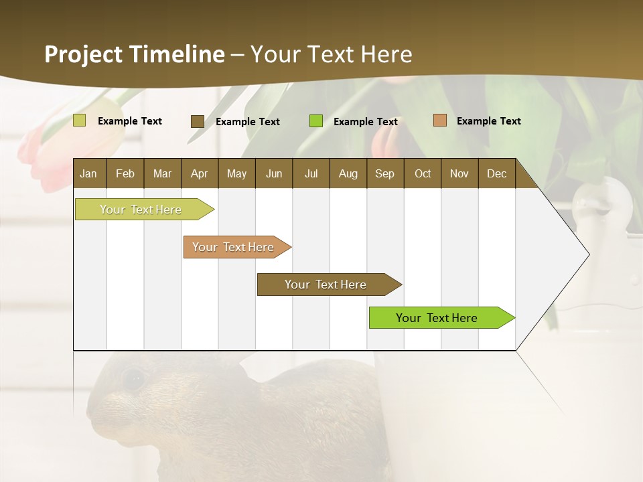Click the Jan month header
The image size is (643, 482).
(89, 173)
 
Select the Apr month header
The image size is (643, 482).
(200, 173)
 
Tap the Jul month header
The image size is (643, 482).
(311, 173)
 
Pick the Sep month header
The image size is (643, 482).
(384, 173)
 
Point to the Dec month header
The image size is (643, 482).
(496, 173)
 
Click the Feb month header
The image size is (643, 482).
(125, 173)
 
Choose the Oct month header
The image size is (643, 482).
(423, 173)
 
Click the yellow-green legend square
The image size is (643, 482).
(80, 120)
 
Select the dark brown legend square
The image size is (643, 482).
(198, 121)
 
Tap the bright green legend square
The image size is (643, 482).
(316, 121)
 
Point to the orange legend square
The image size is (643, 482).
(440, 120)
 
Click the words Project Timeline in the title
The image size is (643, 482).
(135, 54)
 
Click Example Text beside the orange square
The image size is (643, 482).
(488, 121)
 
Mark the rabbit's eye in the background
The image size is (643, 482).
(133, 379)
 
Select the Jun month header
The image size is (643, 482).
(274, 173)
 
